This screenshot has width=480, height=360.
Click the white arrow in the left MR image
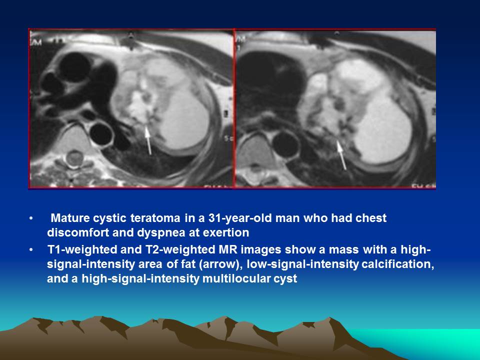(148, 140)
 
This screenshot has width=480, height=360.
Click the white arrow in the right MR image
(341, 155)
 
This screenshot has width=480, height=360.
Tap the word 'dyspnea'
(161, 232)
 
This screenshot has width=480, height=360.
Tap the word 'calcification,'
(397, 264)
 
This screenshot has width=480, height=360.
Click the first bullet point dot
(31, 218)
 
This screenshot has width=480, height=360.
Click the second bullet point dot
(31, 250)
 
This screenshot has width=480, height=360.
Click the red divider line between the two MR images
(234, 108)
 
